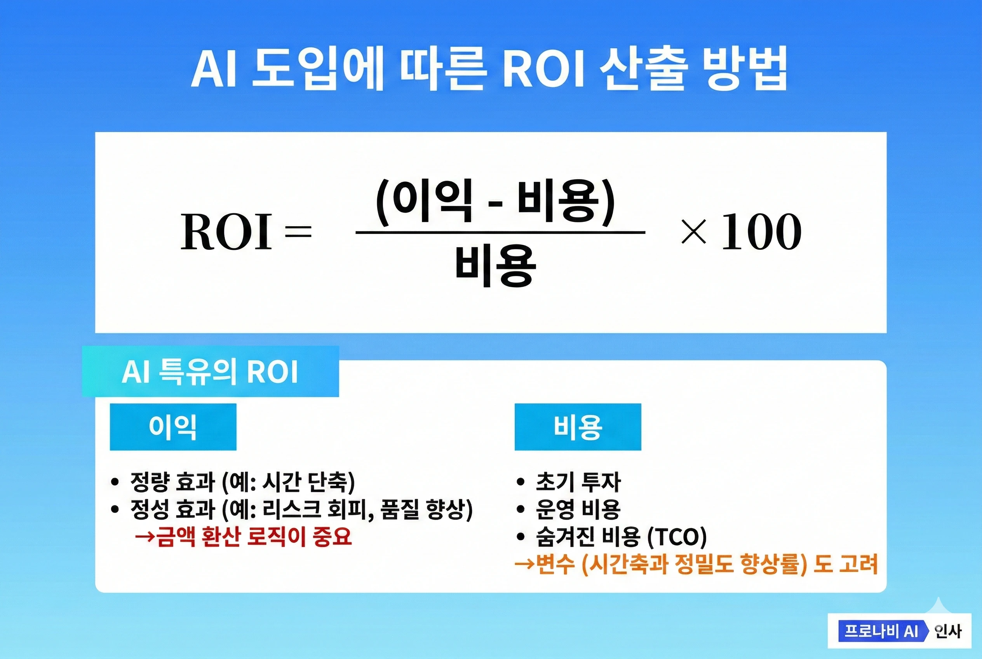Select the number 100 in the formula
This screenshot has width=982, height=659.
coord(761,232)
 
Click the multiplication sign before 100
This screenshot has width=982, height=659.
coord(694,232)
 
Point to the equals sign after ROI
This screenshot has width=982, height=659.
coord(298,232)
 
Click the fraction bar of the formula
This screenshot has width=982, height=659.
coord(500,232)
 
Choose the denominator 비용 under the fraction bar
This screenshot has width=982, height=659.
coord(496,267)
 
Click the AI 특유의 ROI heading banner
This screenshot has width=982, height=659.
coord(210,371)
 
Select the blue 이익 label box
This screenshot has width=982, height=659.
coord(173,427)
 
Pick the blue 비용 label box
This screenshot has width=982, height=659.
coord(578,427)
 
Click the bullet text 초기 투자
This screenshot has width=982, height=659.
coord(578,482)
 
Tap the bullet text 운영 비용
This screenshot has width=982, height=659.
coord(578,509)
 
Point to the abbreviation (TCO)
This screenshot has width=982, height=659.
coord(677,537)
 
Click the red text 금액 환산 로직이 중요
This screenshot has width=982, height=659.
coord(254,537)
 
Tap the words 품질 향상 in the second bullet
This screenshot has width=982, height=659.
coord(422,509)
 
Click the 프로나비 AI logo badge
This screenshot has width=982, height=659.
coord(883,631)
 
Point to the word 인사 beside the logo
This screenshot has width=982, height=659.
coord(947,631)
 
